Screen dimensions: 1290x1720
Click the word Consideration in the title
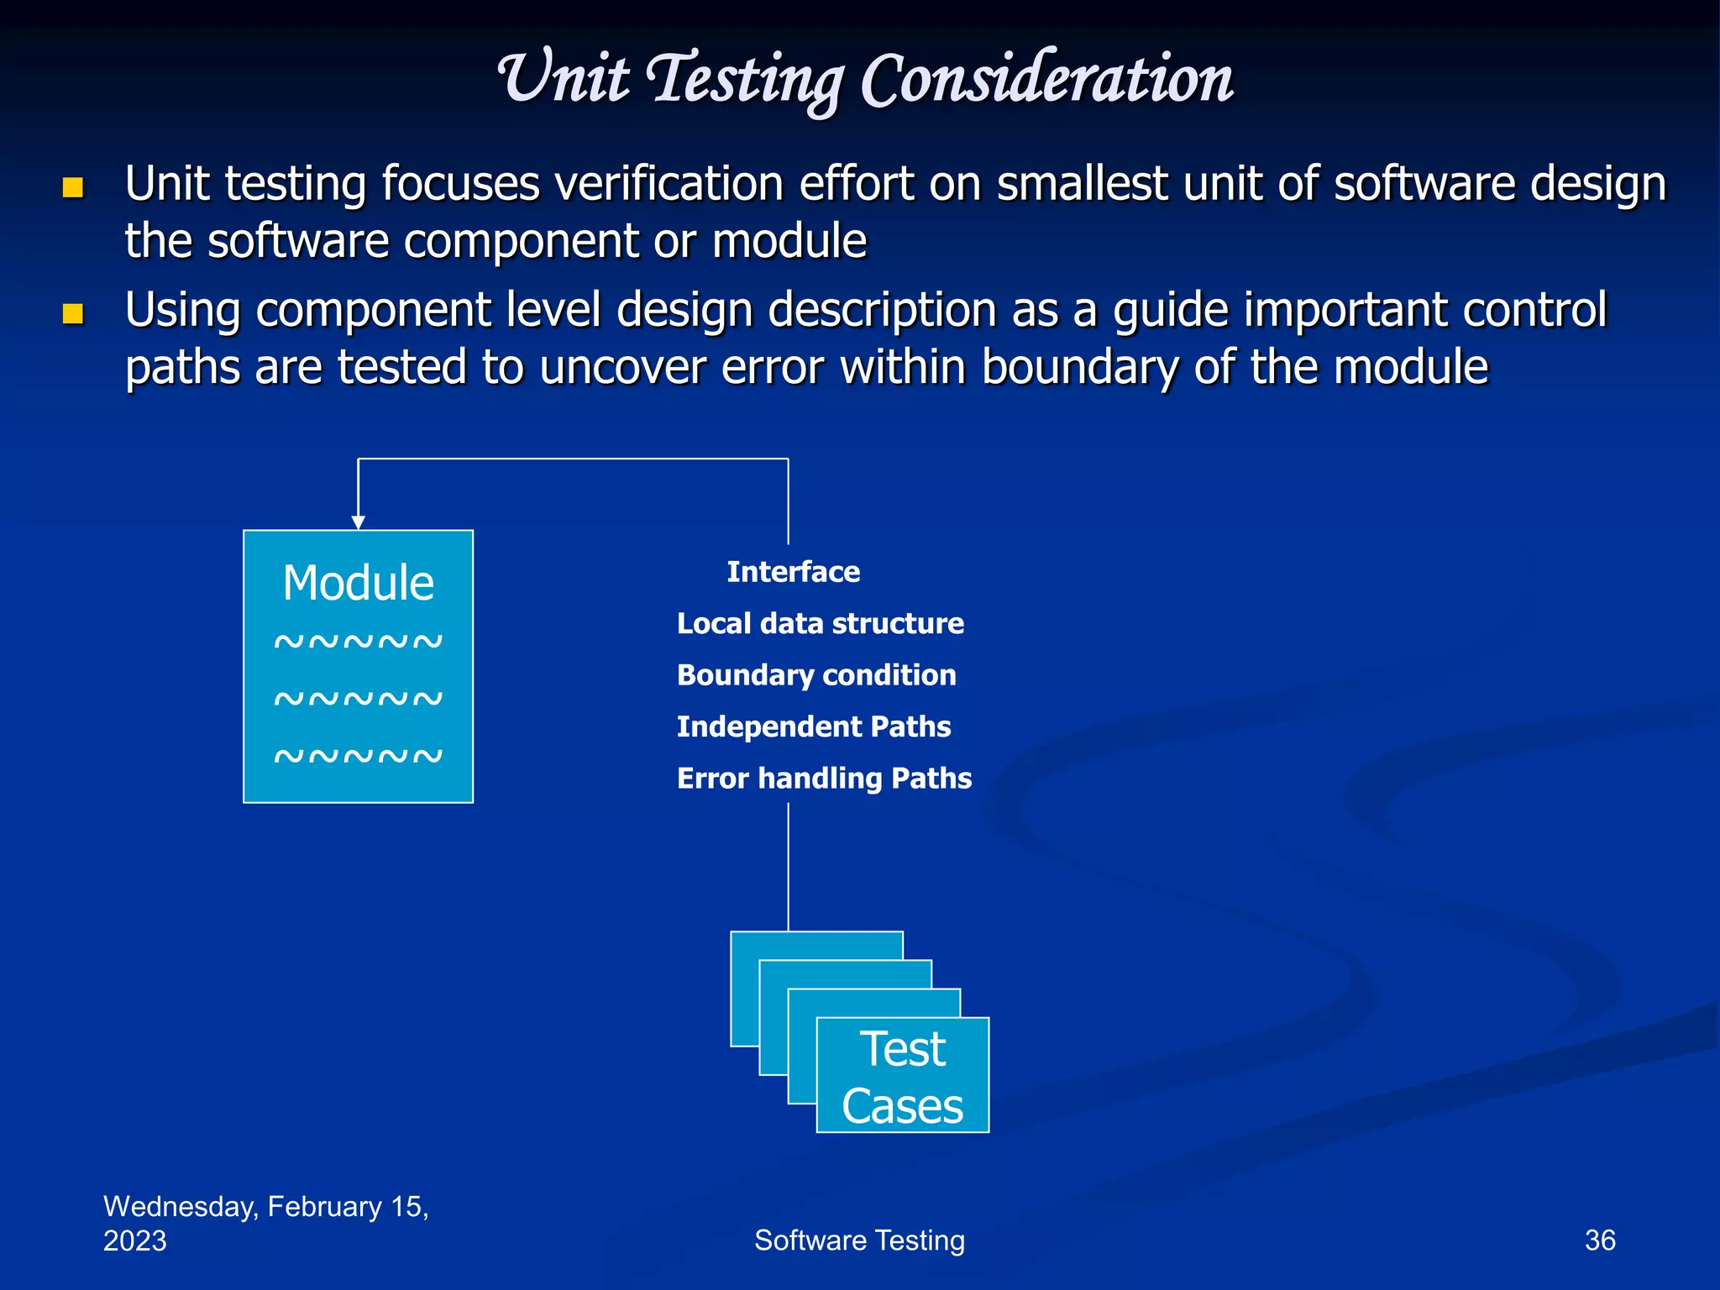pos(1046,80)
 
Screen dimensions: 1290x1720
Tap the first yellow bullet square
pos(73,187)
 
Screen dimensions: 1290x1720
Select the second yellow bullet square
pos(73,314)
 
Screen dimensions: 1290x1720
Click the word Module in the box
pos(358,583)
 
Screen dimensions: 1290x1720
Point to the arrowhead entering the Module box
pos(359,522)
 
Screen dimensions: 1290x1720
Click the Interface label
pos(793,572)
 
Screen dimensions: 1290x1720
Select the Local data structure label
pos(820,623)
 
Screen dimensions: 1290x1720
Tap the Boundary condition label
pos(815,675)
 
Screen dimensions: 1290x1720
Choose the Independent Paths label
pos(813,726)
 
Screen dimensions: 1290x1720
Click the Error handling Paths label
pos(824,779)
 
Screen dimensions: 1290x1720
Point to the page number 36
pos(1599,1240)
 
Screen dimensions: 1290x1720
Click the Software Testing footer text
pos(859,1240)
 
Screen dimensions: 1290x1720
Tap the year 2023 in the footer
pos(134,1240)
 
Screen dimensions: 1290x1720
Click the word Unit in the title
pos(564,80)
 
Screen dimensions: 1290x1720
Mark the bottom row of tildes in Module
pos(358,756)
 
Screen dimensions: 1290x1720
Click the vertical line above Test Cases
pos(788,865)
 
